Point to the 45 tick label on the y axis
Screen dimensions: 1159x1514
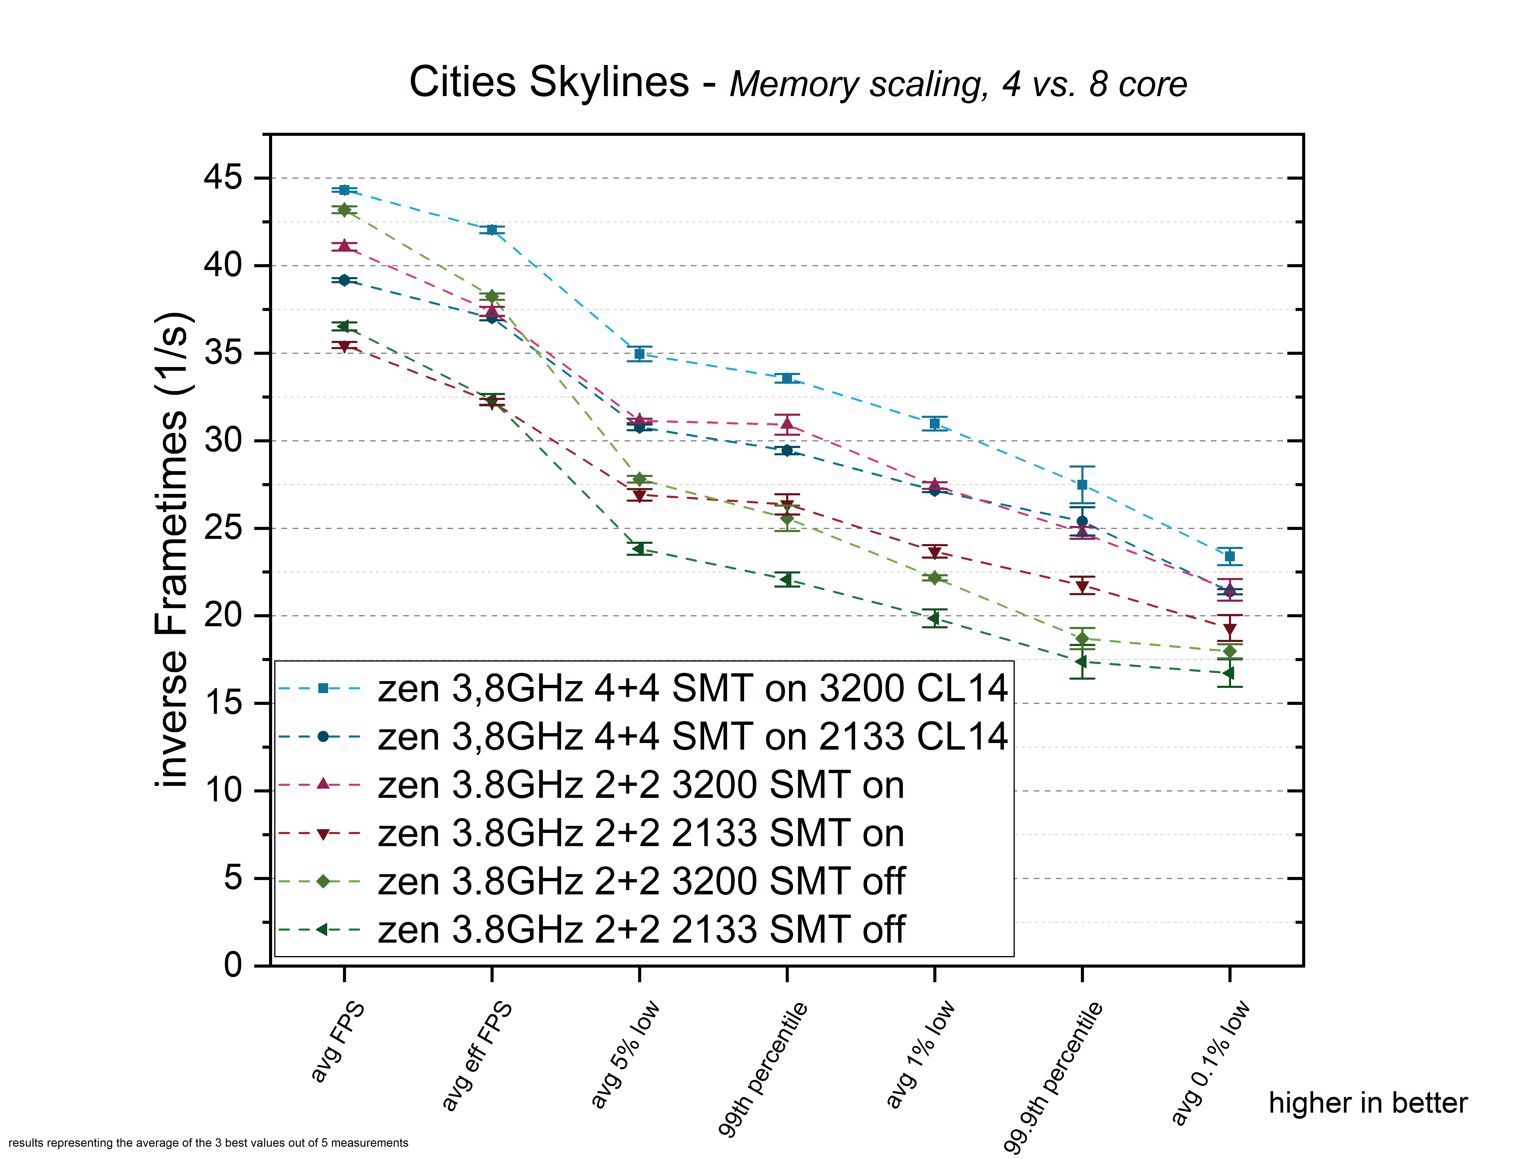click(223, 178)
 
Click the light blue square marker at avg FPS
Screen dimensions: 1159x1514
click(344, 190)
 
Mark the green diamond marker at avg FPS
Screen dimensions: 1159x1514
click(344, 210)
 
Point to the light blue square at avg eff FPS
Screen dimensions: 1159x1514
click(492, 230)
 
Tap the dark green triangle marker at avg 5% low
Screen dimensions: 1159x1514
click(639, 549)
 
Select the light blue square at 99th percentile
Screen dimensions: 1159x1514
click(787, 378)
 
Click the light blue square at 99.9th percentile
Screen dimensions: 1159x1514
click(1082, 485)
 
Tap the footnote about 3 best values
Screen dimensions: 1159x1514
click(208, 1143)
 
